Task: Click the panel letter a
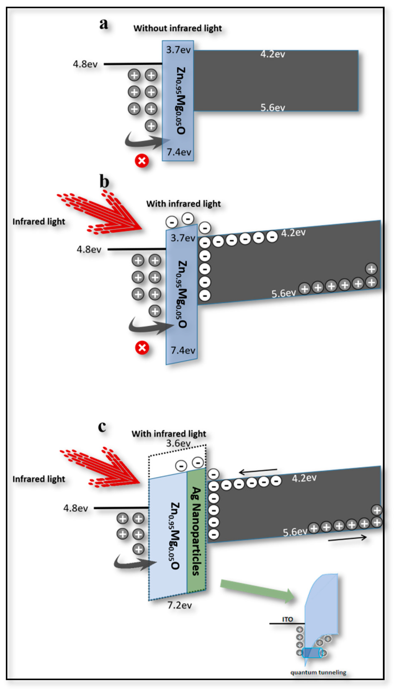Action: point(104,24)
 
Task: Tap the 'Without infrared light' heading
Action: point(178,28)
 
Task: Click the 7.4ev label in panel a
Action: point(179,152)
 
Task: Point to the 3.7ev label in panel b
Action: point(183,238)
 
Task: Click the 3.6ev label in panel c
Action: point(178,443)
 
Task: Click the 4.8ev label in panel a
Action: point(85,64)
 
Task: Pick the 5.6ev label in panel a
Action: point(273,108)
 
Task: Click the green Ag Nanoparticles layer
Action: point(196,531)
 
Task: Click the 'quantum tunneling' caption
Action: point(318,672)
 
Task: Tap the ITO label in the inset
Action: point(287,619)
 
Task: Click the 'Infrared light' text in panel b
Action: point(39,222)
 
